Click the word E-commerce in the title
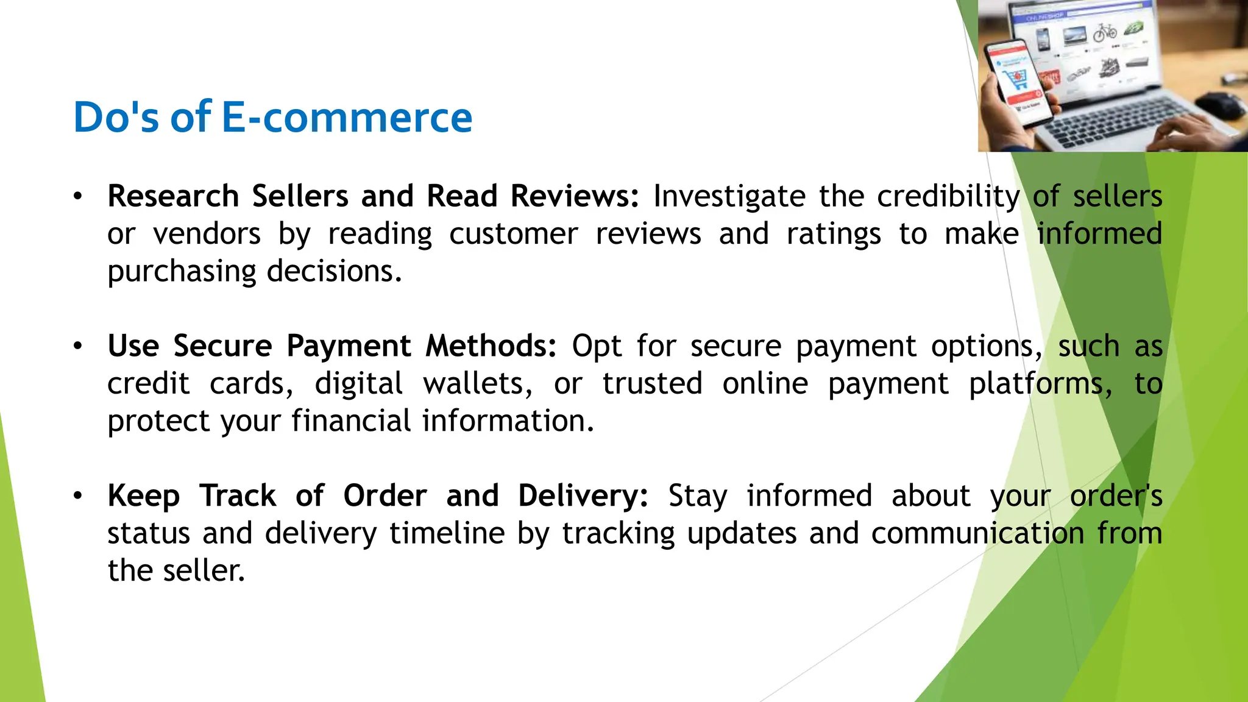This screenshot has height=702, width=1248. pyautogui.click(x=346, y=117)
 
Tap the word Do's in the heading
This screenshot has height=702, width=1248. pyautogui.click(x=116, y=117)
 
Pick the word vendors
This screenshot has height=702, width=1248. pyautogui.click(x=207, y=234)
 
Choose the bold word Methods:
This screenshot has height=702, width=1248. pyautogui.click(x=491, y=346)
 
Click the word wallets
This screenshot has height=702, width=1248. pyautogui.click(x=478, y=384)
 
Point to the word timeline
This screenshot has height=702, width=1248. pyautogui.click(x=447, y=534)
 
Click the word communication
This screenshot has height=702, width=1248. pyautogui.click(x=977, y=534)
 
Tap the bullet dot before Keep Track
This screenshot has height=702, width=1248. pyautogui.click(x=77, y=495)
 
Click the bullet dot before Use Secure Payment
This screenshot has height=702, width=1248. pyautogui.click(x=77, y=346)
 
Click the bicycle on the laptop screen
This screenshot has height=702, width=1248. pyautogui.click(x=1104, y=31)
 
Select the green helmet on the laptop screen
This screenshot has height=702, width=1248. pyautogui.click(x=1133, y=27)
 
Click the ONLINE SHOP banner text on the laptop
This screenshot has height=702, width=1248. pyautogui.click(x=1045, y=16)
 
